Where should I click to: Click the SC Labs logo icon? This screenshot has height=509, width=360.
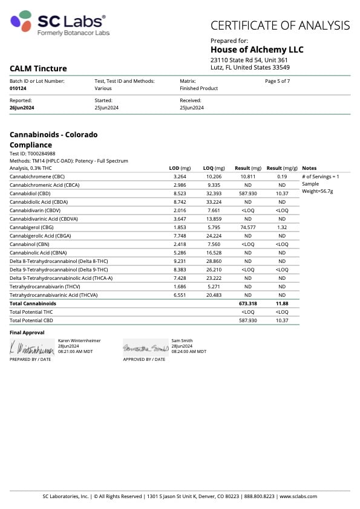pyautogui.click(x=22, y=22)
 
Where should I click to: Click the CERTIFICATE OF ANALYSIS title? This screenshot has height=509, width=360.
pyautogui.click(x=280, y=25)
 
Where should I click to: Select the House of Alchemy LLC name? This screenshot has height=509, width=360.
pyautogui.click(x=257, y=50)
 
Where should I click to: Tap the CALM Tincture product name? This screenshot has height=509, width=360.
pyautogui.click(x=38, y=69)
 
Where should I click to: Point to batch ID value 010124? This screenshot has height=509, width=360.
pyautogui.click(x=18, y=88)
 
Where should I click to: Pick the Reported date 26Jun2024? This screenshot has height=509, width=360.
pyautogui.click(x=21, y=107)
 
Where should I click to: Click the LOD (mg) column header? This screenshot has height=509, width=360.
pyautogui.click(x=180, y=168)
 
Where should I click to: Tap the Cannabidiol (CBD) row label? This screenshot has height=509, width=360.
pyautogui.click(x=30, y=193)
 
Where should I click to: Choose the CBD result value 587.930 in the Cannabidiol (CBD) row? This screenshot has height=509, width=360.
pyautogui.click(x=248, y=193)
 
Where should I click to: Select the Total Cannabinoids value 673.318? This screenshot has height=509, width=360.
pyautogui.click(x=248, y=303)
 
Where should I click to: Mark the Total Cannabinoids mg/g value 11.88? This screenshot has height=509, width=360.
pyautogui.click(x=281, y=303)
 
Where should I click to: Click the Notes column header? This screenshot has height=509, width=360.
pyautogui.click(x=309, y=168)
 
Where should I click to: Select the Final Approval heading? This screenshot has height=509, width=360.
pyautogui.click(x=27, y=332)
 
